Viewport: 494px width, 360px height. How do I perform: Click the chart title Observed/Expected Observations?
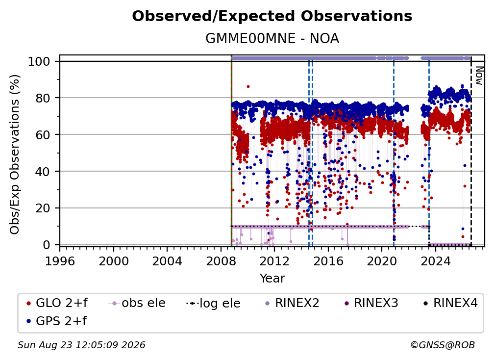coord(272,16)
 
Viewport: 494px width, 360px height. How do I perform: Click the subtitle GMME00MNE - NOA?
coord(272,39)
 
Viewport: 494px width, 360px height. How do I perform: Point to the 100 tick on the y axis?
coord(39,61)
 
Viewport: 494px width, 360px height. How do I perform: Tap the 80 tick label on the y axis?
coord(43,98)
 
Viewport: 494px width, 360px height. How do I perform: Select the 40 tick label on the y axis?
coord(43,172)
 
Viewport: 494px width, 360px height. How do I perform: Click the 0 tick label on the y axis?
coord(47,245)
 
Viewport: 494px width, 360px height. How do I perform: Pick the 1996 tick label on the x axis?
coord(60,261)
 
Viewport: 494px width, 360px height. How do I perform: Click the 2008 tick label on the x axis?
coord(221,261)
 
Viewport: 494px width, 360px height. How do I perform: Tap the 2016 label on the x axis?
coord(328,261)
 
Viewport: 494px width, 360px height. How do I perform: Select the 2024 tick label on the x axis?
coord(435,261)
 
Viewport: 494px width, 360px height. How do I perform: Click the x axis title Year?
coord(272,279)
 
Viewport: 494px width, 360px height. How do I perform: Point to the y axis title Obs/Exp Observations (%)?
coord(15,154)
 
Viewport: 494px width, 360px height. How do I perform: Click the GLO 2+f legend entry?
coord(57,303)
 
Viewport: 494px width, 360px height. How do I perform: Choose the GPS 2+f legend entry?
coord(56,321)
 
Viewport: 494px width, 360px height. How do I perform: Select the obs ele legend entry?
coord(136,303)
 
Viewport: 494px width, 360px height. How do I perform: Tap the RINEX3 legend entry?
coord(371,303)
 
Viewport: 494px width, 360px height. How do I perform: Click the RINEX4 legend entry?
coord(450,303)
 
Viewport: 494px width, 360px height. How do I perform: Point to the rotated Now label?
coord(479,76)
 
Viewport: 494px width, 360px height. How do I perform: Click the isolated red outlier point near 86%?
coord(248,86)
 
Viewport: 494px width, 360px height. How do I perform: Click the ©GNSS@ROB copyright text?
coord(443,345)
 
